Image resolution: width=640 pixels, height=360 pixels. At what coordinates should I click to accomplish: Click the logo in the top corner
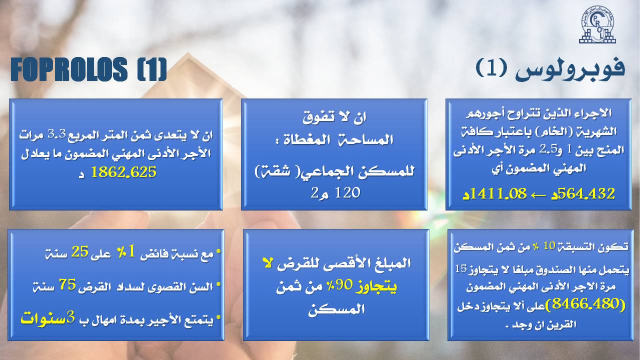(x=597, y=24)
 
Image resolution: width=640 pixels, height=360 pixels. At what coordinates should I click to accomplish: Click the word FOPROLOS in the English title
(x=69, y=69)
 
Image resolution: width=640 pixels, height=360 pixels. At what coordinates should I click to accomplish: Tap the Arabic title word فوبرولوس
(x=570, y=70)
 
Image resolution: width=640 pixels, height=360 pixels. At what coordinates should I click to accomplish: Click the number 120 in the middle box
(x=347, y=193)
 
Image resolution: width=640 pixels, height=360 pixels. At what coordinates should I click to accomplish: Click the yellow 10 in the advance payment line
(x=549, y=245)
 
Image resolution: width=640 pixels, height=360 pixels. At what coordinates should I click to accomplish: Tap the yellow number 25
(x=79, y=251)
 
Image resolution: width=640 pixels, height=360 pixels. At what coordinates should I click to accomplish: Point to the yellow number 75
(x=67, y=284)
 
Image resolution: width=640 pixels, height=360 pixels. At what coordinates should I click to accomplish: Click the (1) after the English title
(x=151, y=69)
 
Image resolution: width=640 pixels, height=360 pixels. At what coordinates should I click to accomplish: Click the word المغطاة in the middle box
(x=303, y=140)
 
